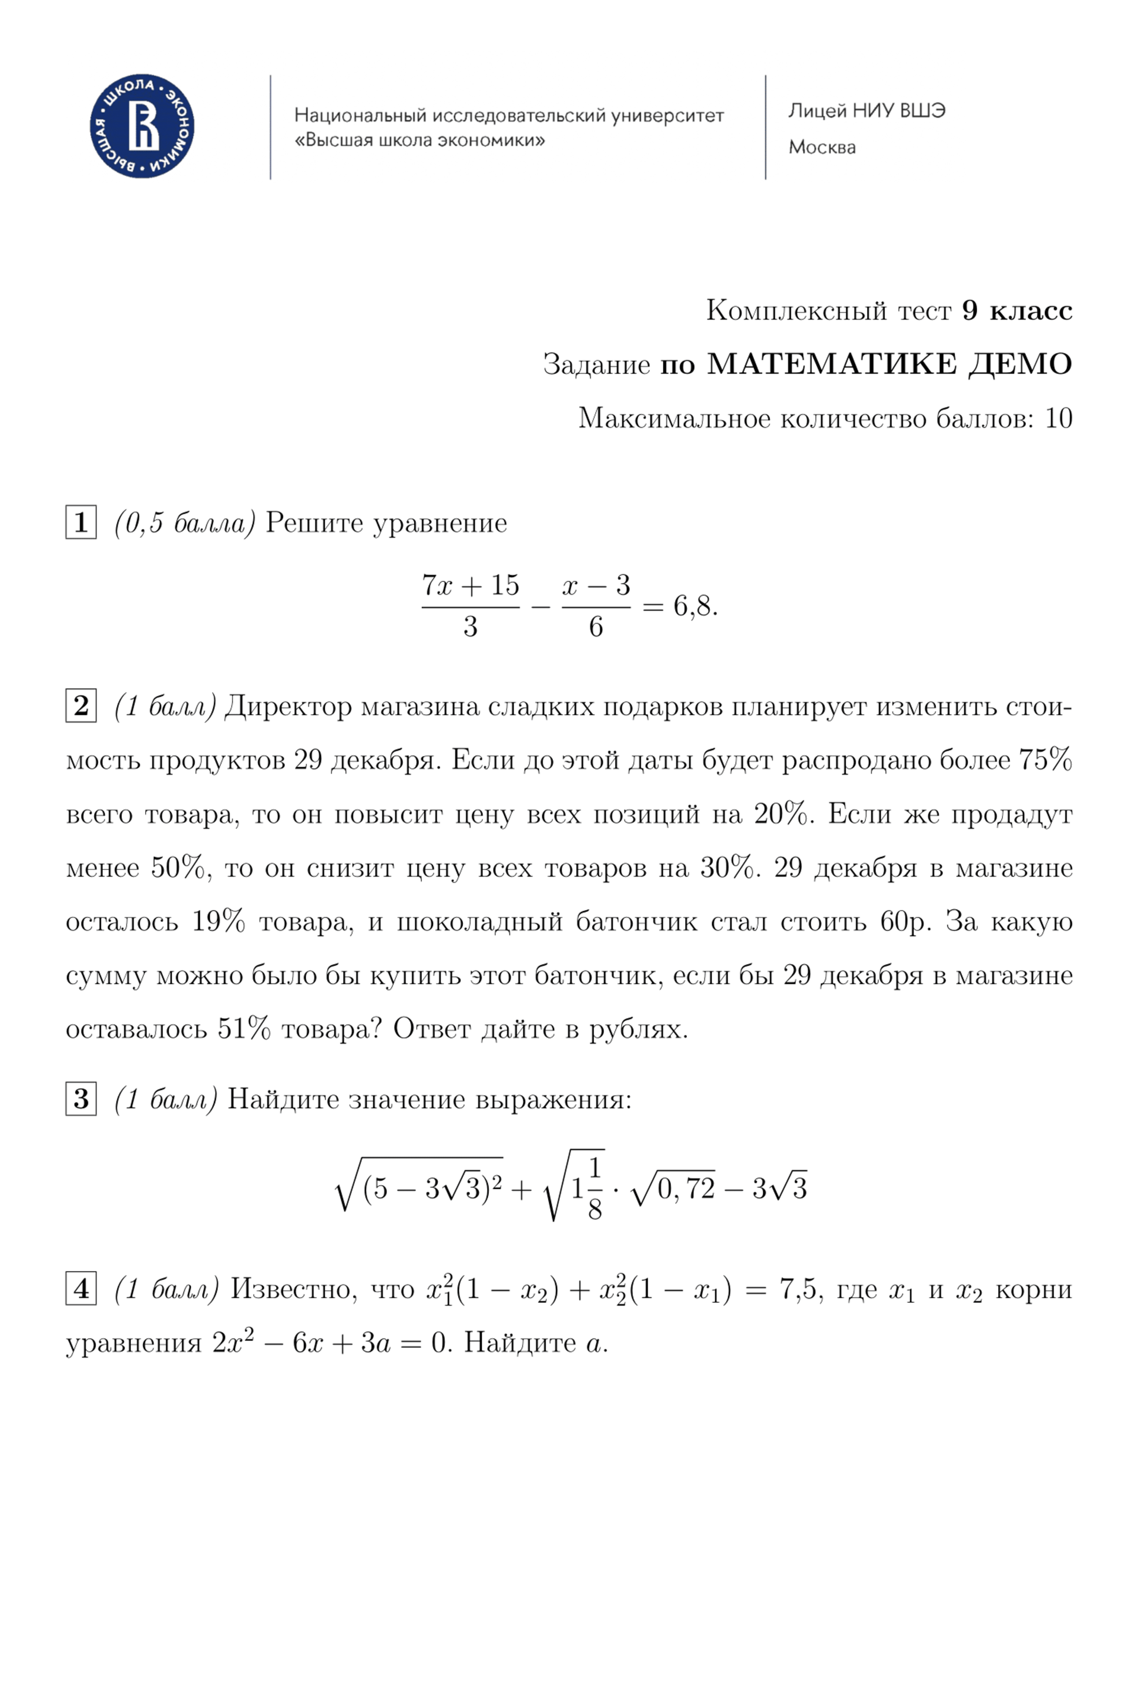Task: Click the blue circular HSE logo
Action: pos(142,126)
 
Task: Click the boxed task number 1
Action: pos(80,523)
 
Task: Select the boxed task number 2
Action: pos(80,706)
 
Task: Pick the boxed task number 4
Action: pos(80,1289)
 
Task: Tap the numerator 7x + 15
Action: pos(470,585)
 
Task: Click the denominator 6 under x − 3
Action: pos(595,627)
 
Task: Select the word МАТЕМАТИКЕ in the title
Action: pos(832,364)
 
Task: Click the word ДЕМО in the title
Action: pos(1019,364)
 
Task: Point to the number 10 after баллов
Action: pos(1059,419)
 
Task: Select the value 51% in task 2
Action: pos(244,1029)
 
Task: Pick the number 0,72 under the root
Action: pos(686,1189)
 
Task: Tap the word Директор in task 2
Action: pos(288,707)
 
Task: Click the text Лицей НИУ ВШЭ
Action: pos(867,111)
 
